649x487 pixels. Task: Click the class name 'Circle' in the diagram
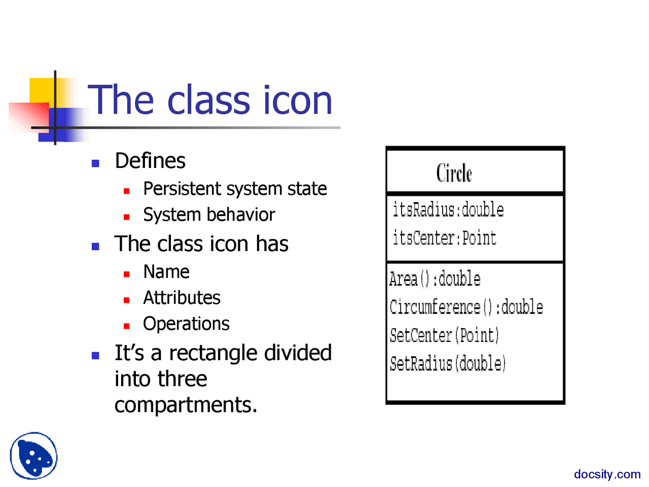pos(454,173)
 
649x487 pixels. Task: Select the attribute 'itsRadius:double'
pos(448,210)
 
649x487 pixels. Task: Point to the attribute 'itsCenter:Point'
pos(444,237)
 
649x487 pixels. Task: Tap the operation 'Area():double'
pos(435,279)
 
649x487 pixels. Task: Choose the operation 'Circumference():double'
pos(466,307)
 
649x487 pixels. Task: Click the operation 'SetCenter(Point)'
pos(444,335)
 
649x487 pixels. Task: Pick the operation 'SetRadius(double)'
pos(447,363)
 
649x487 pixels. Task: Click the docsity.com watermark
pos(607,474)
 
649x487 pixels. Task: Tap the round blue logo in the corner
pos(33,456)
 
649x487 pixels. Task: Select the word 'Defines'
pos(150,161)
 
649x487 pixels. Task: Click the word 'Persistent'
pos(183,189)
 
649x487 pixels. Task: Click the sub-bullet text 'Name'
pos(166,272)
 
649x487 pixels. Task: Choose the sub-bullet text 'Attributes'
pos(182,298)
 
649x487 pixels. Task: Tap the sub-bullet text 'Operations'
pos(186,324)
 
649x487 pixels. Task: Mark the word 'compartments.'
pos(186,405)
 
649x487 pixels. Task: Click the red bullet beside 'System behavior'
pos(127,217)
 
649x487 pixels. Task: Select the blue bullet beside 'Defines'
pos(95,163)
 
